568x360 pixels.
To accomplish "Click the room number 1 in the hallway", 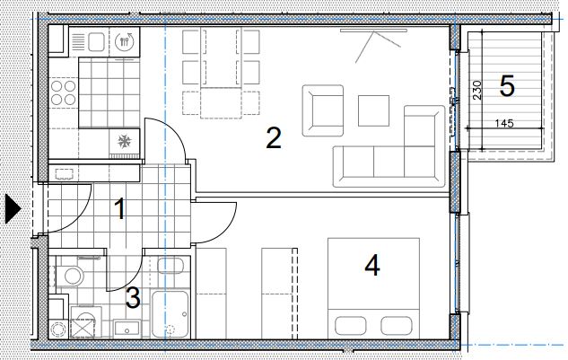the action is click(119, 208).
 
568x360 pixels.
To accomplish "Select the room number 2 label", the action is click(274, 137).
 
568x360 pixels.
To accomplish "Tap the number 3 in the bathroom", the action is click(133, 298).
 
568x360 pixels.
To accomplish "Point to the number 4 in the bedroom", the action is click(372, 265).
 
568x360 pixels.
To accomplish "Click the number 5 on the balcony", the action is click(507, 86).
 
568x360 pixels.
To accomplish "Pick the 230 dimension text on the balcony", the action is click(477, 91).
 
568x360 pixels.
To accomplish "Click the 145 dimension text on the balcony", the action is click(504, 123).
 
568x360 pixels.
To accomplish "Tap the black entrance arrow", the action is click(13, 208).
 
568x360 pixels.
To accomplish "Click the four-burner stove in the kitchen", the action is click(64, 92).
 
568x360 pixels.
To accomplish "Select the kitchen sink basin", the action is click(96, 42).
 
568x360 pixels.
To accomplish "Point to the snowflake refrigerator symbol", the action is click(125, 141).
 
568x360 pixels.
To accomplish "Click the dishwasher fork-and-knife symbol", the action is click(124, 41).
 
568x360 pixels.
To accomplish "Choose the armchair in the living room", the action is click(323, 110).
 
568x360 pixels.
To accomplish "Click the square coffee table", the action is click(374, 110).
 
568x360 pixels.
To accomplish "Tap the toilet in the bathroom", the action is click(70, 276).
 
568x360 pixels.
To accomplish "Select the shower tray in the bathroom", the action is click(170, 314).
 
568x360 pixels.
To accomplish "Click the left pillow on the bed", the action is click(350, 326).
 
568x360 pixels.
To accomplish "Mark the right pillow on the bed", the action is click(397, 326).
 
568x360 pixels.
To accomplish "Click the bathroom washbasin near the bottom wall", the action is click(127, 328).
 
